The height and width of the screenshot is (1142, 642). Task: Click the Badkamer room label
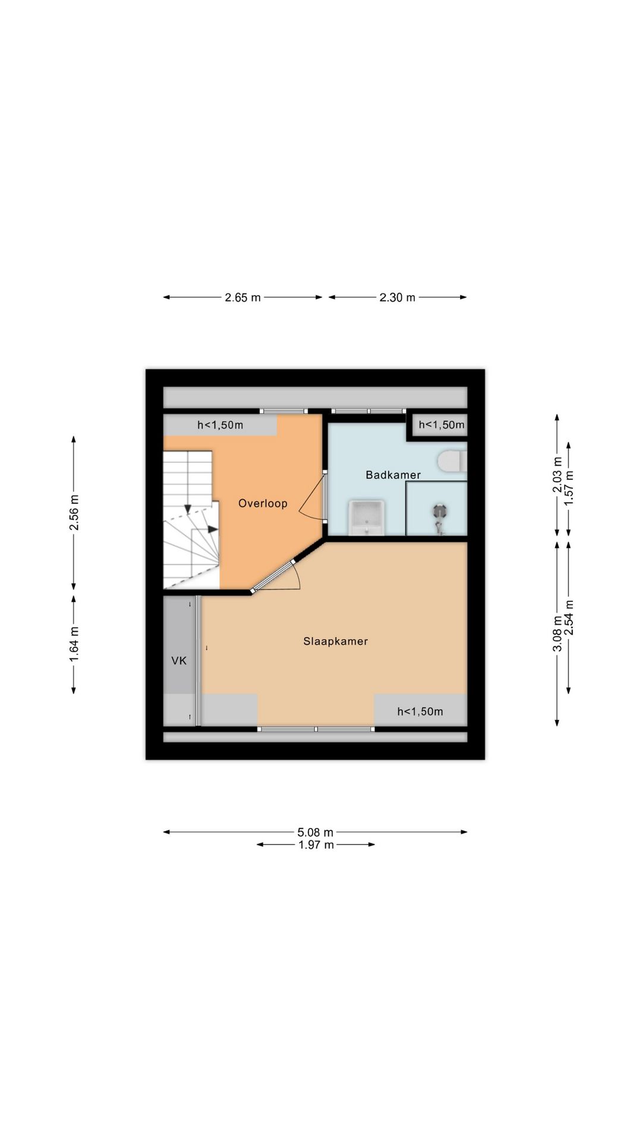393,475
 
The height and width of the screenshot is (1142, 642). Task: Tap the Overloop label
263,503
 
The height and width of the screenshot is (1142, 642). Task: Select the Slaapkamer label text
335,641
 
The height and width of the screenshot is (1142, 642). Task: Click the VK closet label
179,660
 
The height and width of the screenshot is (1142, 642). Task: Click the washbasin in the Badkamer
366,518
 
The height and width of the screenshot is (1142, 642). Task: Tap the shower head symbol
439,511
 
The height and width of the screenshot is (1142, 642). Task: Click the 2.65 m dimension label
243,297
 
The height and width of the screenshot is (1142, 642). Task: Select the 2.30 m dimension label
397,297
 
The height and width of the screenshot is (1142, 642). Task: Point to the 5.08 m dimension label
315,832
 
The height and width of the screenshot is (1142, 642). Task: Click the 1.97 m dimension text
316,845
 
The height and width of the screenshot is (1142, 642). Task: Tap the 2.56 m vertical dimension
74,512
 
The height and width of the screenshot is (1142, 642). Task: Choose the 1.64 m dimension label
74,644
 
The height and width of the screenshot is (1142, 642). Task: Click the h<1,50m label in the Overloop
220,425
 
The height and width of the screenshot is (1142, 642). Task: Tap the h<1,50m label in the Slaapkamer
420,711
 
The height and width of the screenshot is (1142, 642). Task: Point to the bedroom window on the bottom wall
316,729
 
